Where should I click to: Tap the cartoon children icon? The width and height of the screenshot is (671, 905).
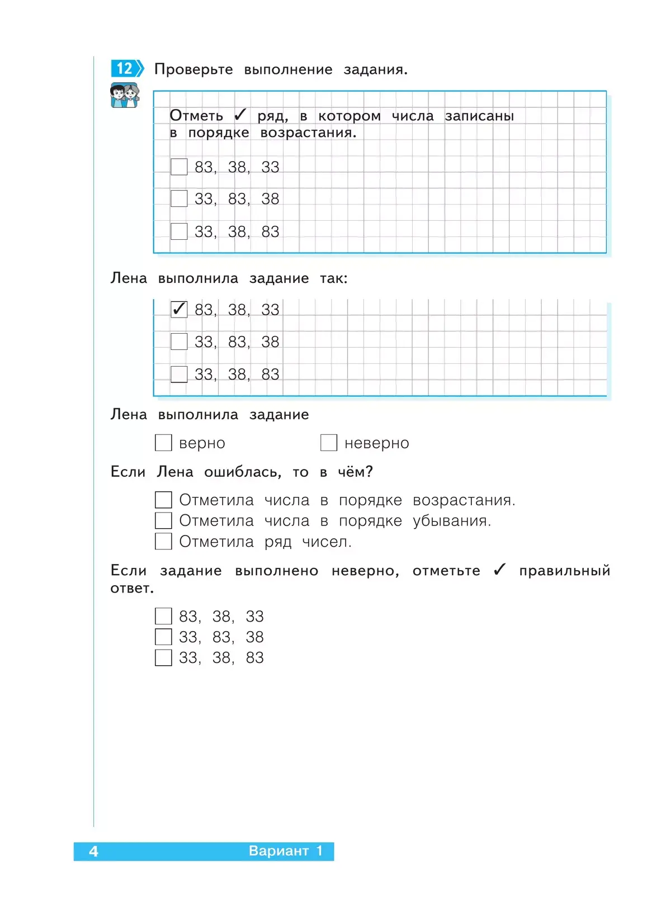(124, 95)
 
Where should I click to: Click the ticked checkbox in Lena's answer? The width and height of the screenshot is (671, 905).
(179, 309)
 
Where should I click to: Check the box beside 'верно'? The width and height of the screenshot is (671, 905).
(163, 443)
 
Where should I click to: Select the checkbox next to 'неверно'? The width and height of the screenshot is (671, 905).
(329, 443)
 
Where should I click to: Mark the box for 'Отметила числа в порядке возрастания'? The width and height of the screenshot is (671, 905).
(163, 500)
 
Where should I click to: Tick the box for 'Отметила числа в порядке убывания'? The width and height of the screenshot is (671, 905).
(163, 520)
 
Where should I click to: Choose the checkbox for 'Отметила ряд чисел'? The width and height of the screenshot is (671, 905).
(163, 541)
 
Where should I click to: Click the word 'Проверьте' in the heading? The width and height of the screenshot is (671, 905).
(193, 69)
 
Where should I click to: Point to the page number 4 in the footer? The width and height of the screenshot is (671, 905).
(93, 851)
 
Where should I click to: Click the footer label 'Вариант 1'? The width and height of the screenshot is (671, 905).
(286, 851)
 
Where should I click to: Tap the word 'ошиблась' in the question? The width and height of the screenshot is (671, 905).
(242, 472)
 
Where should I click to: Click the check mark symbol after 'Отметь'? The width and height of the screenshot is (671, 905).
(240, 115)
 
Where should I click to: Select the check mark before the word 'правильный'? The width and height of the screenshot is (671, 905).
(499, 570)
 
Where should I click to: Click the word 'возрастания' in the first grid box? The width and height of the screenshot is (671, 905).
(308, 133)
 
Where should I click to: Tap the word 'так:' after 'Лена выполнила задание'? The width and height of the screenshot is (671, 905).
(334, 278)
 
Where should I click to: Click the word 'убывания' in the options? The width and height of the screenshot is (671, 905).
(451, 521)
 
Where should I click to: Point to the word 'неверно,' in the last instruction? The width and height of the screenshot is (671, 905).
(365, 571)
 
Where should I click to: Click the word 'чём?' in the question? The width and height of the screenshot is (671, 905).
(355, 472)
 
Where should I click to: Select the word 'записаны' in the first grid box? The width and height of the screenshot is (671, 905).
(479, 116)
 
